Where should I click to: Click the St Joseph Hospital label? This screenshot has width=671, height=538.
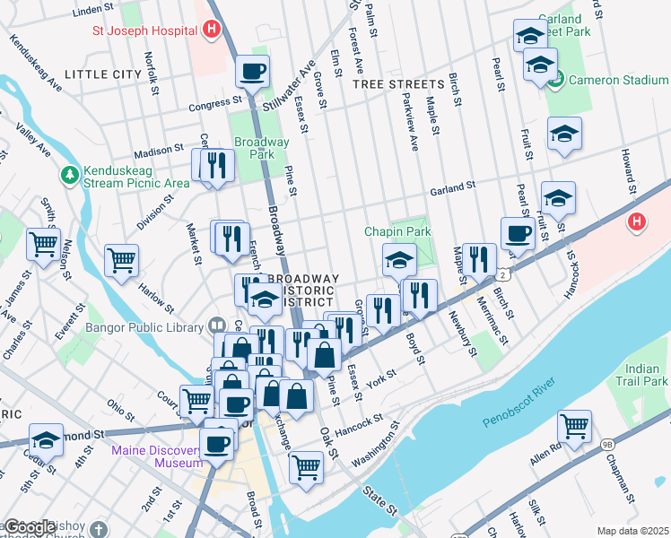pos(145,30)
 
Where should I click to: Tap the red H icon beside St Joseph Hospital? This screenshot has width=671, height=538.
pos(211,30)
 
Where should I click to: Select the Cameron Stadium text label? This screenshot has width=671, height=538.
pos(619,80)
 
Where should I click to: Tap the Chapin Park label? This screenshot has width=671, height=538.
pos(397,231)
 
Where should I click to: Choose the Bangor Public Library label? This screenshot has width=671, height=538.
pos(144,326)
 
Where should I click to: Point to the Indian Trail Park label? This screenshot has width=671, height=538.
pos(647,375)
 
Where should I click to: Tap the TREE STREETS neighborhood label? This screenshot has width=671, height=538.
pos(398,83)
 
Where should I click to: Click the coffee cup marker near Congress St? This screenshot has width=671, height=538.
pos(253,70)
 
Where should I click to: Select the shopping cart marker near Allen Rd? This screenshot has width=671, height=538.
pos(574,424)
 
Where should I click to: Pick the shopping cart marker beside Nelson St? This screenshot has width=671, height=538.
pos(44,243)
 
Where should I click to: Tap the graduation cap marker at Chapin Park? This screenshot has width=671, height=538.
pos(399,259)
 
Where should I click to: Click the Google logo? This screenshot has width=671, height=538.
pos(30,527)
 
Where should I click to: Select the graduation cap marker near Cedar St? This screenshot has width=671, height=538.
pos(46,439)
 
